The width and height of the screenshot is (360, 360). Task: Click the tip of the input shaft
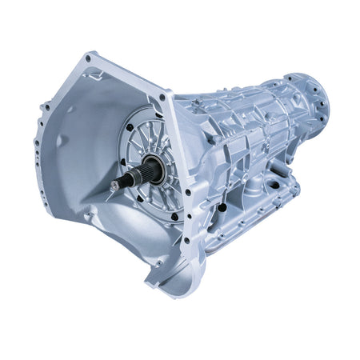114,186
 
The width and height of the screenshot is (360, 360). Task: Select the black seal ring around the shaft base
152,170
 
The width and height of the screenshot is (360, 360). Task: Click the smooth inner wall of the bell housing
76,144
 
